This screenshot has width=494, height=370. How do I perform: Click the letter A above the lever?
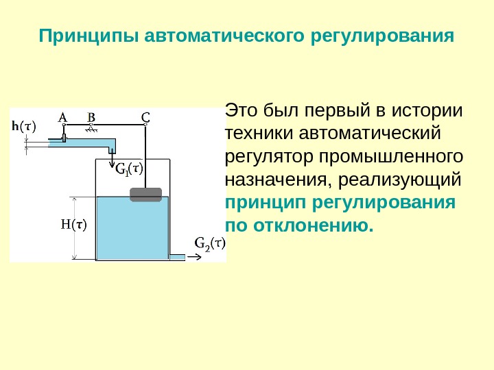coord(62,116)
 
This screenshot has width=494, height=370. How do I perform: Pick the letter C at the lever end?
coord(145,116)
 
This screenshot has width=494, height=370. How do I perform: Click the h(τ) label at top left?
coord(25,125)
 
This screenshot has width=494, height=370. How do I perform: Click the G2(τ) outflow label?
coord(209,242)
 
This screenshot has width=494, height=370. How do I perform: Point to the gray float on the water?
coord(145,195)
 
